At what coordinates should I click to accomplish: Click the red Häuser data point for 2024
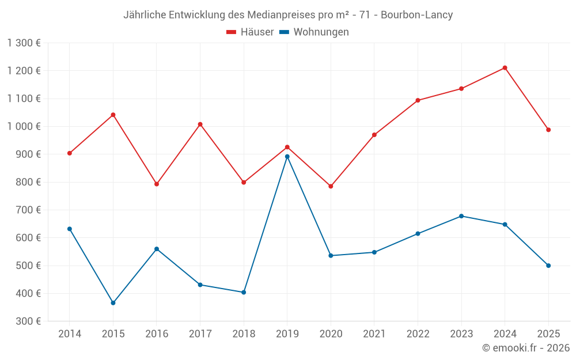coord(505,68)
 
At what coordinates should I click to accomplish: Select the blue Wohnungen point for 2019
coord(287,157)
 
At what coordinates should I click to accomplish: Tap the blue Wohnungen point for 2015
coord(113,303)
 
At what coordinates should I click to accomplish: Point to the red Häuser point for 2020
coord(331,187)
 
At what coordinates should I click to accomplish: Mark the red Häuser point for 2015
coord(113,115)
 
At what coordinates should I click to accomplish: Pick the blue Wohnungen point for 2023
coord(461,216)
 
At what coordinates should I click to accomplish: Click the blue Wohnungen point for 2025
coord(548,266)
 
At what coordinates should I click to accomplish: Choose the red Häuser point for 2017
coord(200,124)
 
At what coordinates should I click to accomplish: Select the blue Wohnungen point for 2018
coord(244,293)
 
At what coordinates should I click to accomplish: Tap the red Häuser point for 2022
coord(418,100)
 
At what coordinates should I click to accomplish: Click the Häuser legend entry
coord(250,32)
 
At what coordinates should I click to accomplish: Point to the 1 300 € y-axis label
coord(24,43)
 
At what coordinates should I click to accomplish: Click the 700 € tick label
coord(29,210)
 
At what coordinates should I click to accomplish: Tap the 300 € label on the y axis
coord(29,321)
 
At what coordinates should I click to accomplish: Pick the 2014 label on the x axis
coord(70,334)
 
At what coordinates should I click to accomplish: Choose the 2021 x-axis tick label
coord(374,334)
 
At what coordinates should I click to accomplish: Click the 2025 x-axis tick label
coord(548,334)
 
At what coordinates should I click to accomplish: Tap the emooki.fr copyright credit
coord(525,348)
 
